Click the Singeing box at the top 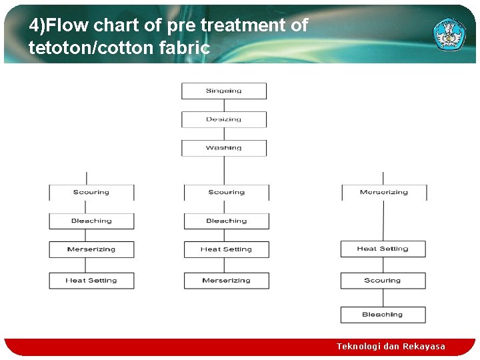coord(224,91)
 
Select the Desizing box coord(224,119)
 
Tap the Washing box coord(224,148)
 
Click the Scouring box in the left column coord(91,192)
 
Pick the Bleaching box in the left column coord(91,221)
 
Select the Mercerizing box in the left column coord(91,249)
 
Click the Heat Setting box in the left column coord(91,281)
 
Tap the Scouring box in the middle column coord(227,192)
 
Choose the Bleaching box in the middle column coord(227,221)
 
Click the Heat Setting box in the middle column coord(227,249)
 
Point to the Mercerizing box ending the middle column coord(227,281)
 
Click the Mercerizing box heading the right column coord(384,192)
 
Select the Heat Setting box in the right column coord(383,249)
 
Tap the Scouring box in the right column coord(383,281)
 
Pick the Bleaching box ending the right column coord(383,315)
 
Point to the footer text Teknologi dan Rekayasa coord(391,346)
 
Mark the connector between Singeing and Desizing coord(224,105)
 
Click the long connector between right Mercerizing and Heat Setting coord(383,221)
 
